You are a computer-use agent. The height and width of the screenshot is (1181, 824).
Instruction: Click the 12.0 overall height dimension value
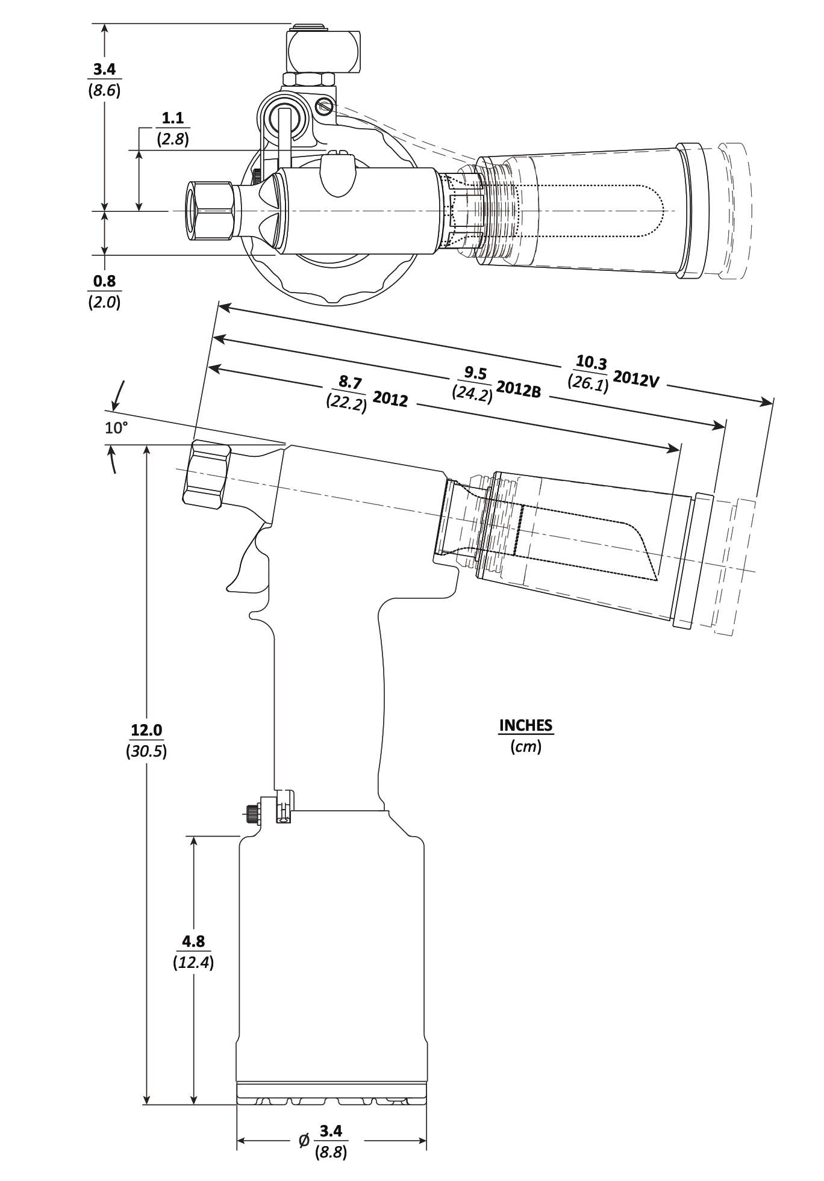coord(147,730)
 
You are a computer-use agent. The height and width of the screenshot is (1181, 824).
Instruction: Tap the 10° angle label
coord(117,428)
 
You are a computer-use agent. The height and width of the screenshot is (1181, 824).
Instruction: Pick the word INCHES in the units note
coord(525,725)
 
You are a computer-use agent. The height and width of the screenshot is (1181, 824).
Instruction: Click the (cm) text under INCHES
coord(525,747)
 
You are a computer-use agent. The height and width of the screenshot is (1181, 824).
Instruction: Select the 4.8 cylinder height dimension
coord(193,941)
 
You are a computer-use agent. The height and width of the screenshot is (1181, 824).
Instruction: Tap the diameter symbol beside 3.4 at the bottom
coord(304,1139)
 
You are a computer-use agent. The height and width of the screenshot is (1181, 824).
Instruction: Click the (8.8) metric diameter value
coord(331,1153)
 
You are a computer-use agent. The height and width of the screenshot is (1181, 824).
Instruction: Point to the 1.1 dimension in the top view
coord(173,117)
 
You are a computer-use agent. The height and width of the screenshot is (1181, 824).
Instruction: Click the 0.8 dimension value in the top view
coord(104,281)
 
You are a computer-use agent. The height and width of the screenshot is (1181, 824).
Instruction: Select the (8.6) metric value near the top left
coord(104,91)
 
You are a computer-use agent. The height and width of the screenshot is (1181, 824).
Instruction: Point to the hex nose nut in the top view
coord(211,211)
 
